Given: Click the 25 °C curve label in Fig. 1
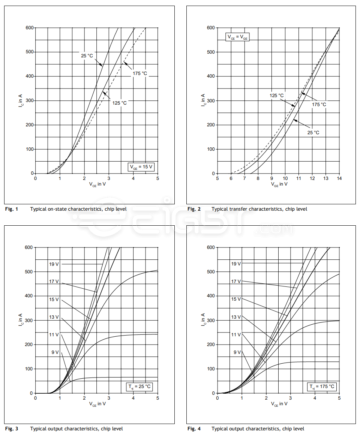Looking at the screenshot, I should (x=87, y=56).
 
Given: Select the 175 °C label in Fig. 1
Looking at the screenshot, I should (x=139, y=73).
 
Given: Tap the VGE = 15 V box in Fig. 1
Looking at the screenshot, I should (x=141, y=167).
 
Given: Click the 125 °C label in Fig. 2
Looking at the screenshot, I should (x=277, y=96).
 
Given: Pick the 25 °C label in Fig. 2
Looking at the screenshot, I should (x=313, y=133).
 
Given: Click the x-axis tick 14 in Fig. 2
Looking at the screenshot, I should (x=339, y=178).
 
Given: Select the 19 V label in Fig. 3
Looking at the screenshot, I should (x=54, y=264).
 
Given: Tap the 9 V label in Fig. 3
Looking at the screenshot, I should (x=55, y=352).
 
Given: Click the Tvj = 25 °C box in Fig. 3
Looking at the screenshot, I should (x=139, y=387).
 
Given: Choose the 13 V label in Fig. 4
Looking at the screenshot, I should (x=236, y=317).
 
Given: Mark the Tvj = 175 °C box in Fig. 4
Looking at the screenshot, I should (x=322, y=387).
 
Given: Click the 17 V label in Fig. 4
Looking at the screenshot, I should (x=236, y=282).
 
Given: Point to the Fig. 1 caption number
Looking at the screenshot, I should (x=11, y=209).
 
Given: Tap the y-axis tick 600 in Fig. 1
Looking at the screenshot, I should (x=29, y=28).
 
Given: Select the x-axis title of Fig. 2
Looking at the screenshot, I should (x=278, y=184).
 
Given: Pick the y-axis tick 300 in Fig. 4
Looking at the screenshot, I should (x=211, y=320).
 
